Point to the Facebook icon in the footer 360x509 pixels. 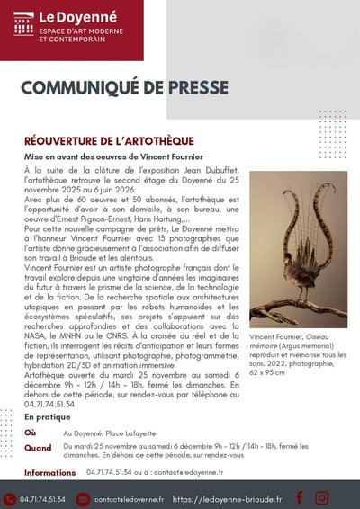tap(299, 497)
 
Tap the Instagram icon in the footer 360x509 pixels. tap(324, 497)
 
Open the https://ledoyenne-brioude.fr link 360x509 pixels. tap(227, 498)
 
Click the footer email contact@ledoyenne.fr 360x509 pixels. tap(130, 498)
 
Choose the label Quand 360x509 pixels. tap(38, 447)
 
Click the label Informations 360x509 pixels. tap(50, 472)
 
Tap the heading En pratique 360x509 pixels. tap(49, 417)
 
